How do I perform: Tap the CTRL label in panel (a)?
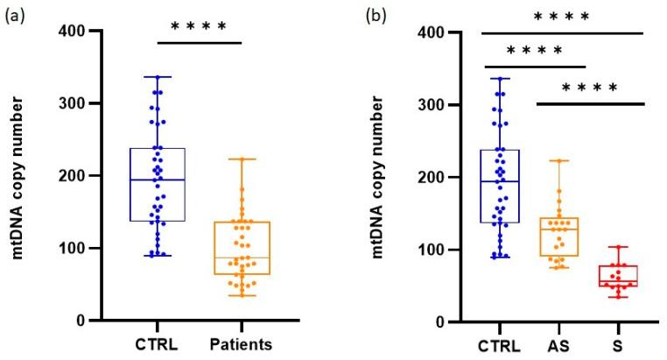(158, 342)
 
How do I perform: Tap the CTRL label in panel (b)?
(499, 342)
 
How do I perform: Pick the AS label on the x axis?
(559, 342)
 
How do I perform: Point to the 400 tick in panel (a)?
(74, 32)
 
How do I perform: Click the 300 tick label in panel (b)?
(425, 104)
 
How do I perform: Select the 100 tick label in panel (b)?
(425, 250)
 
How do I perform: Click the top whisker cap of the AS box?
(559, 160)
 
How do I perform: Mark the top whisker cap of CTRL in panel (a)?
(158, 77)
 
